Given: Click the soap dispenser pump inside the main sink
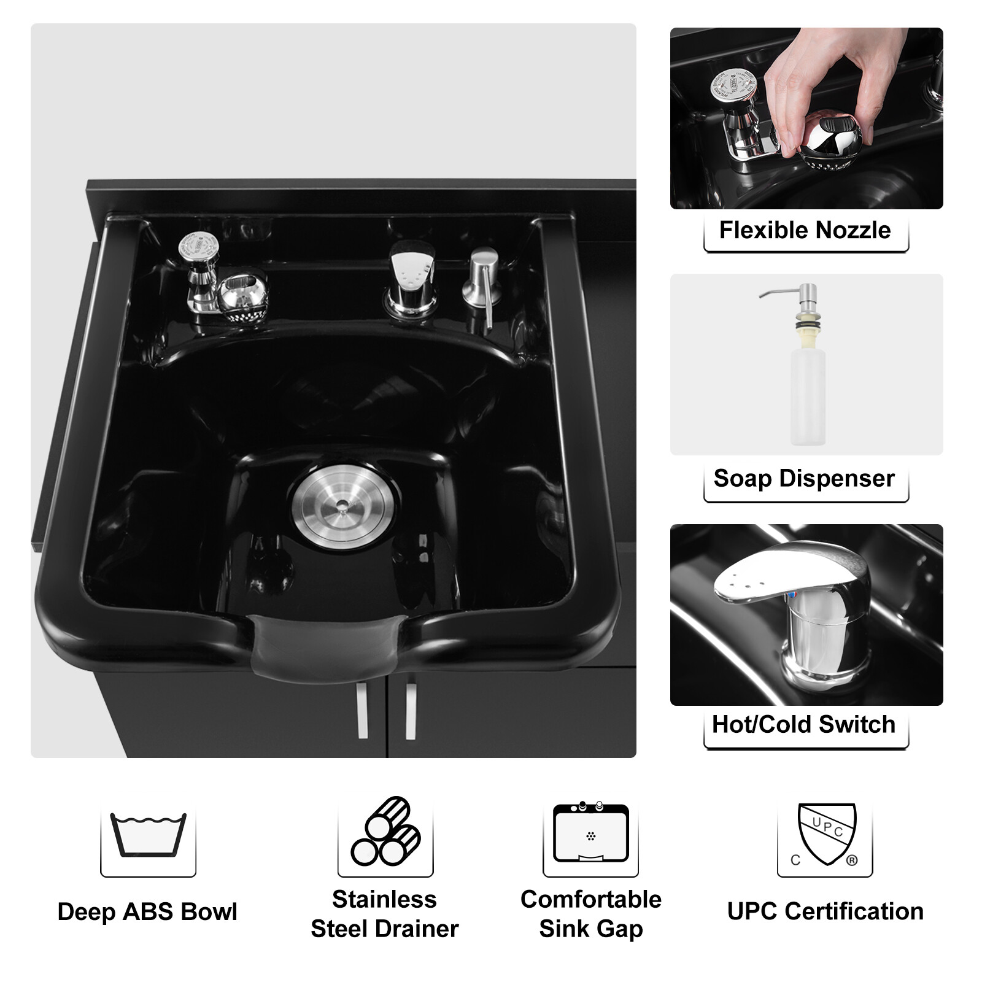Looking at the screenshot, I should (482, 282).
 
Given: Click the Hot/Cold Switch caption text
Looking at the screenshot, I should (803, 724).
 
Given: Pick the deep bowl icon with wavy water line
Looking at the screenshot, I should (148, 835).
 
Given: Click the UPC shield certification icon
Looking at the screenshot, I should (825, 835).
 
